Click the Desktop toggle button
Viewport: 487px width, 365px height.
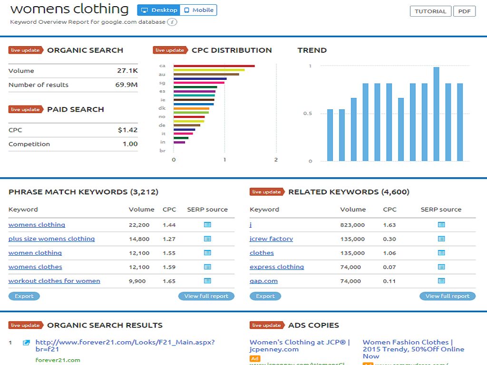[159, 10]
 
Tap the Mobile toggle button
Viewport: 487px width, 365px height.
[199, 10]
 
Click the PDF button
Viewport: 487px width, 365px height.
[464, 11]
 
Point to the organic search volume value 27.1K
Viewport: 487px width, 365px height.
[127, 71]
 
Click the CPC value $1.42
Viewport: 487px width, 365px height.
[127, 130]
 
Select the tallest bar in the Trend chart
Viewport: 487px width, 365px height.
[436, 114]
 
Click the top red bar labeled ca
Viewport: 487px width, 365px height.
[214, 66]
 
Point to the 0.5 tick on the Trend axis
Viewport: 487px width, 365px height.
[308, 114]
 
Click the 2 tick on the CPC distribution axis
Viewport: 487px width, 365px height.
[276, 160]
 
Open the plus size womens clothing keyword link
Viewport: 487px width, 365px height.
[51, 239]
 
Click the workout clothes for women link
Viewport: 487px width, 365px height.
[54, 281]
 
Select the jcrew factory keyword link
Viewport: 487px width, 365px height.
[271, 239]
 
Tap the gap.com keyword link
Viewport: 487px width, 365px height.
[263, 281]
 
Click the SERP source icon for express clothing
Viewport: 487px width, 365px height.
[441, 267]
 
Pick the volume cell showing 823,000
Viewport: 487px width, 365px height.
[352, 225]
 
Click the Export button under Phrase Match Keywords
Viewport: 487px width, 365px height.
[24, 296]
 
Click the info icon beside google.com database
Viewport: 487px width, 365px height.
[172, 22]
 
